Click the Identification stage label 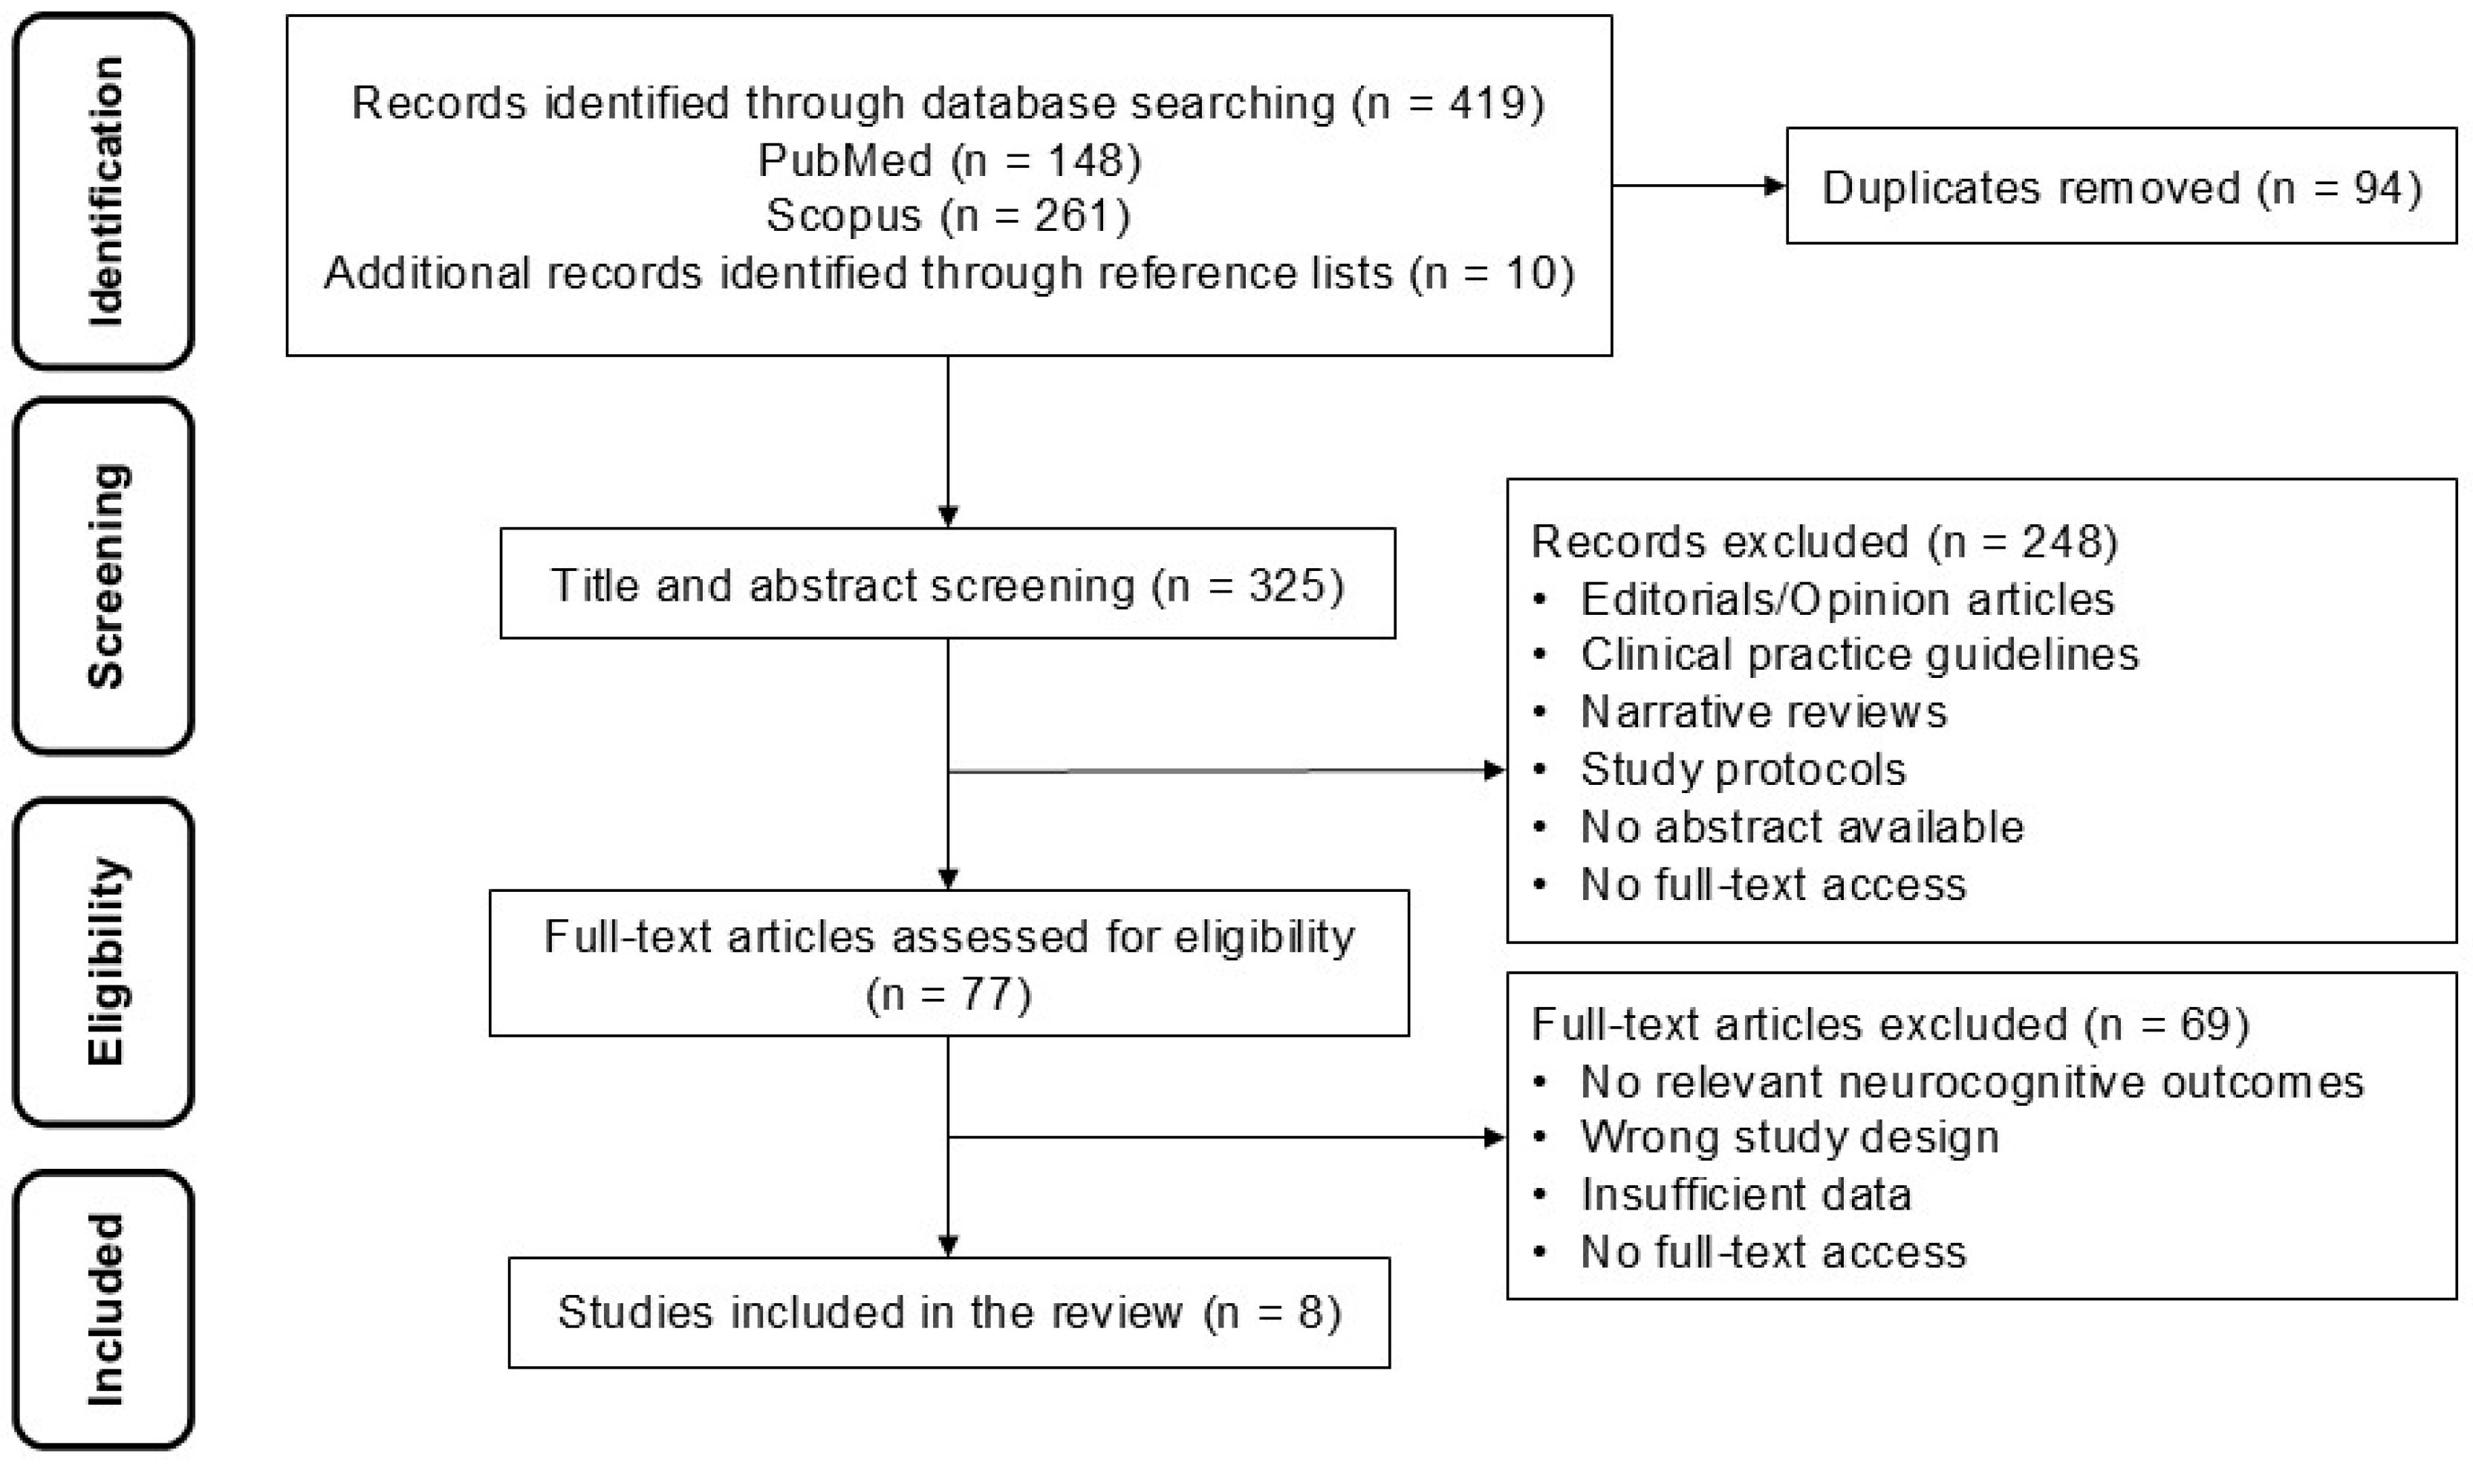[x=104, y=191]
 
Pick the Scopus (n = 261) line [x=948, y=215]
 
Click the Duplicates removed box [x=2122, y=186]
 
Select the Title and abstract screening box [x=948, y=583]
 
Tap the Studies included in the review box [x=949, y=1312]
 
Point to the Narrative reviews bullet [x=1741, y=712]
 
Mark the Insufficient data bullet [x=1723, y=1195]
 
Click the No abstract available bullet [x=1778, y=827]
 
